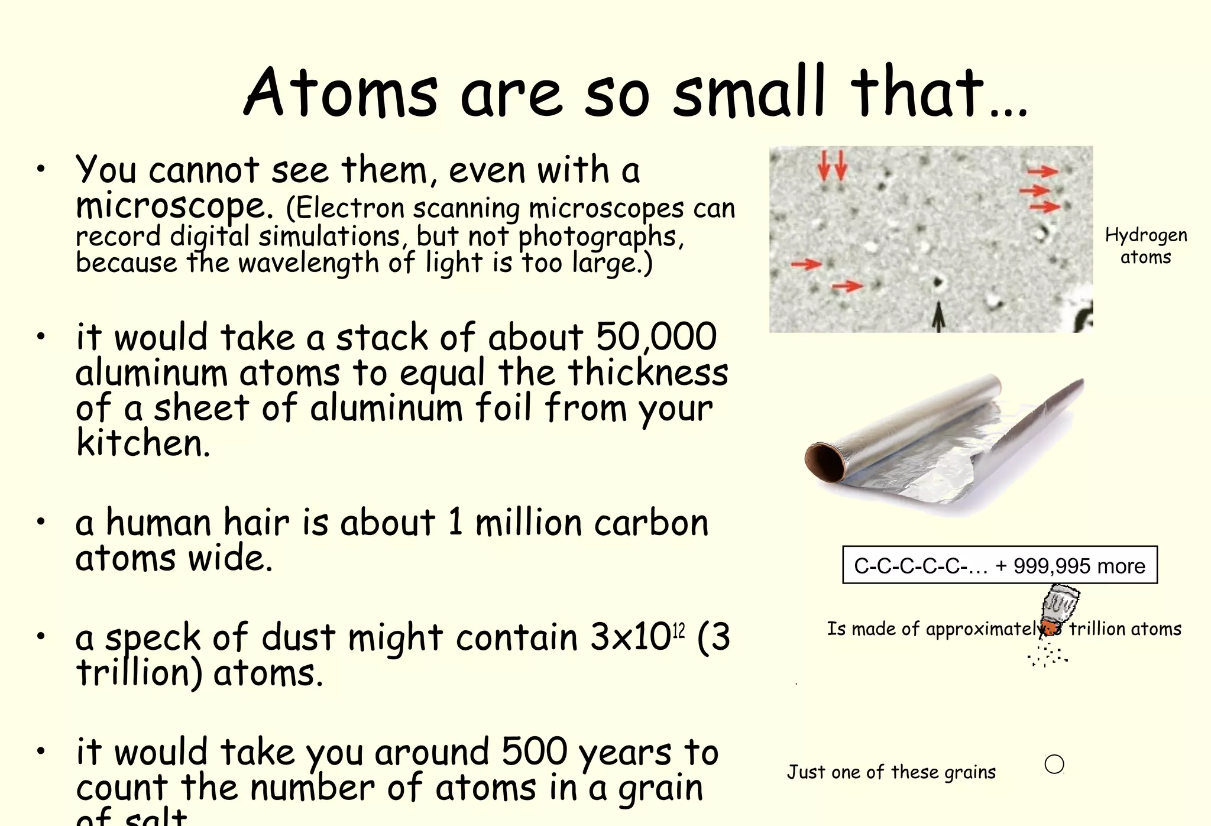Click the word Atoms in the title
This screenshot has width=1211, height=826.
click(x=341, y=92)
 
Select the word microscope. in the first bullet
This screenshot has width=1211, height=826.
click(x=175, y=206)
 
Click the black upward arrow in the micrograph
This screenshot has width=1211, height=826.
click(x=938, y=316)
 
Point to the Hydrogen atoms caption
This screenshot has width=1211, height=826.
click(x=1146, y=246)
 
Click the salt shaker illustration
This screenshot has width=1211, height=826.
click(x=1059, y=608)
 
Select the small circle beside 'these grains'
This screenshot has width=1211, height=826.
click(x=1054, y=764)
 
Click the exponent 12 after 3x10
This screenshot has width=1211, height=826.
click(x=679, y=631)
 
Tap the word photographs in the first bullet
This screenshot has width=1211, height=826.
click(x=597, y=237)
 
